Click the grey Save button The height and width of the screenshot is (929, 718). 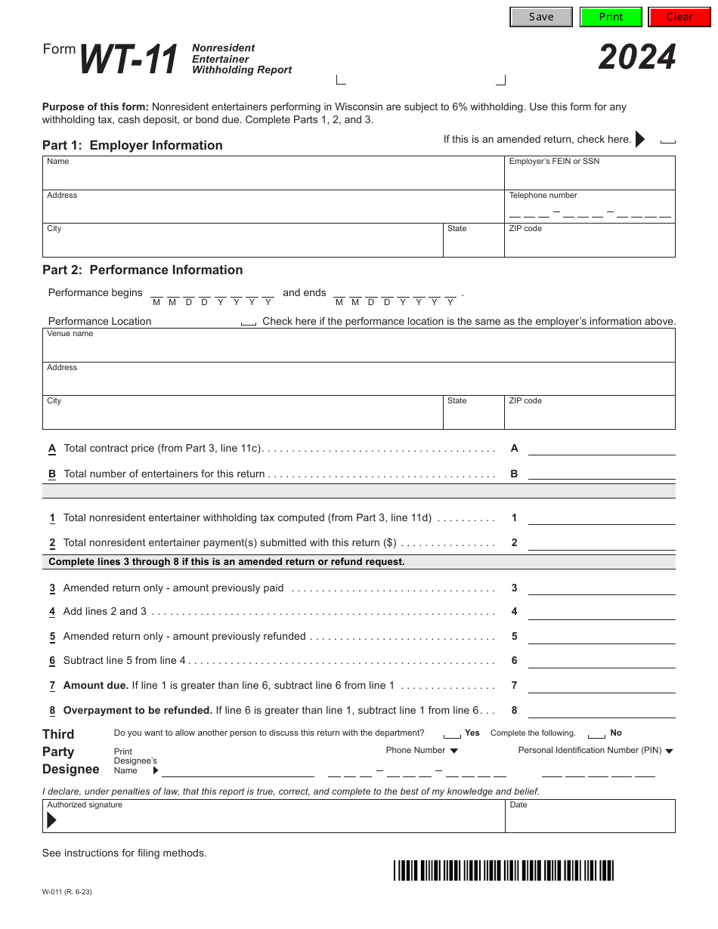point(541,17)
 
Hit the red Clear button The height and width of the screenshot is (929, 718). point(679,17)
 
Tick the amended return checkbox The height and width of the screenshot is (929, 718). point(667,140)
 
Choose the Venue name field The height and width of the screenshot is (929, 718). point(358,349)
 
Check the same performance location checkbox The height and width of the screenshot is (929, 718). point(248,323)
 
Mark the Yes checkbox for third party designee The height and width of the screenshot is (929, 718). point(452,734)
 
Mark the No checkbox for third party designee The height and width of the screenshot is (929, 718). point(596,734)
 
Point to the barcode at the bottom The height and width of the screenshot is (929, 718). point(503,870)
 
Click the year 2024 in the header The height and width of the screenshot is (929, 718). point(637,57)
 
